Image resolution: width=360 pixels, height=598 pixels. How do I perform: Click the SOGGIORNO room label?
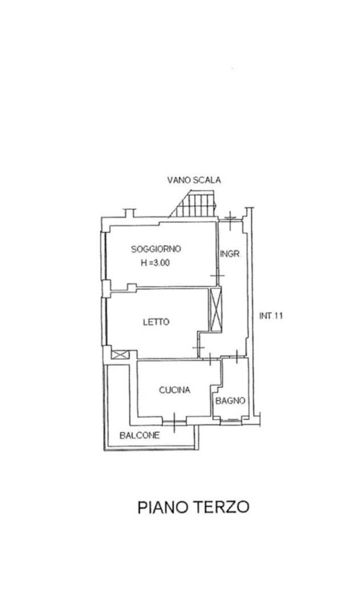tap(156, 249)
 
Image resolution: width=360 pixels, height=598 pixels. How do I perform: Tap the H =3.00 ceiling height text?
tap(155, 263)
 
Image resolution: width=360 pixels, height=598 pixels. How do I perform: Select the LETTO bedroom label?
tap(156, 322)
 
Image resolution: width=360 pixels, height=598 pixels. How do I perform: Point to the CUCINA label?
tap(174, 390)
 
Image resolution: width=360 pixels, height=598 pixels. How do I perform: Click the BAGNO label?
tap(230, 400)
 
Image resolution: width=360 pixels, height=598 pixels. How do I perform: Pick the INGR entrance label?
tap(230, 253)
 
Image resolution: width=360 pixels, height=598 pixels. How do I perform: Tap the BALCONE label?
tap(140, 435)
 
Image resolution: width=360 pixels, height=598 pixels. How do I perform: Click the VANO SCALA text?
tap(194, 180)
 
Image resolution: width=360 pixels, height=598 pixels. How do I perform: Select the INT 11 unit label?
tap(271, 316)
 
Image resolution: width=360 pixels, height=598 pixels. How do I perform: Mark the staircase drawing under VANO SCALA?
tap(193, 205)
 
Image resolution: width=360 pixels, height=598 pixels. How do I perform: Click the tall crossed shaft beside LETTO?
tap(215, 309)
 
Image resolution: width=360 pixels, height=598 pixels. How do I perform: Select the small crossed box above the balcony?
tap(120, 355)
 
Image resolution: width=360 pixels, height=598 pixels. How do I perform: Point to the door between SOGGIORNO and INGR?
tap(218, 275)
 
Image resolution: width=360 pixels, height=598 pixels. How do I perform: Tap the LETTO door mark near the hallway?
tap(199, 347)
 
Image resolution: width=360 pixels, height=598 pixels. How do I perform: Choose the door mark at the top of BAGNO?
tap(236, 357)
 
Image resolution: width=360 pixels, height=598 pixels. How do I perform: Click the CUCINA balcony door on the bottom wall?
tap(174, 422)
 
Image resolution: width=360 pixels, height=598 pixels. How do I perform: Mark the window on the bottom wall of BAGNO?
tap(231, 421)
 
